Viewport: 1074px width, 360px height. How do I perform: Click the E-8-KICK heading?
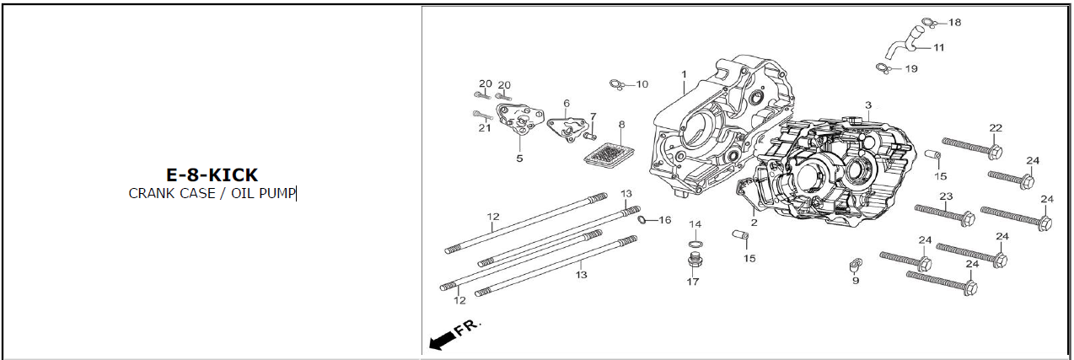tap(212, 175)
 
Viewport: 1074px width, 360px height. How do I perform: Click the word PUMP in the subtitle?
tap(277, 193)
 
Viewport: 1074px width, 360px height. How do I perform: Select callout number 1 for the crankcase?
tap(685, 74)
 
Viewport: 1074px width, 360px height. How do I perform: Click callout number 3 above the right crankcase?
tap(867, 105)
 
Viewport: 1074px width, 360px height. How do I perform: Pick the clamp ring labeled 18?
tap(928, 23)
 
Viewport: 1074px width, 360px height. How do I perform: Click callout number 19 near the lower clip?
tap(911, 68)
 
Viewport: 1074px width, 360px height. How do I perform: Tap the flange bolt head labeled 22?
tap(995, 153)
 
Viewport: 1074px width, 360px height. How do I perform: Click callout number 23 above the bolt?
tap(946, 196)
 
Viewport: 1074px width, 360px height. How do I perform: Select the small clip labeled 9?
tap(856, 265)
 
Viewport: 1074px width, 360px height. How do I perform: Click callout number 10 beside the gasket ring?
tap(642, 84)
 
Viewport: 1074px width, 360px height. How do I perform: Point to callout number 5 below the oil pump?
tap(519, 159)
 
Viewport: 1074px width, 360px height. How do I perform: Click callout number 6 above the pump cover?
tap(567, 104)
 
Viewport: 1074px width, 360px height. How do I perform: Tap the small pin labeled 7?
tap(591, 137)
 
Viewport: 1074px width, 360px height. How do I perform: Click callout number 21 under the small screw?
tap(485, 128)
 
